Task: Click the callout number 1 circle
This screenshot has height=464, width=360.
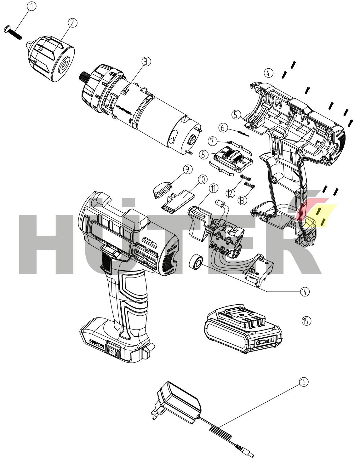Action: pos(32,6)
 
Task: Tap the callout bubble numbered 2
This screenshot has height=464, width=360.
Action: pos(72,23)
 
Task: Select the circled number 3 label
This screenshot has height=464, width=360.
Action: pos(146,62)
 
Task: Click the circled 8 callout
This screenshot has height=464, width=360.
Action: pos(204,154)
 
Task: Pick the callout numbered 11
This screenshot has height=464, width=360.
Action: pos(214,189)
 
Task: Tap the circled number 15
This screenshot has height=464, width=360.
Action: pos(306,321)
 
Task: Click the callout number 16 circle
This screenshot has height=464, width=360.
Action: pos(304,382)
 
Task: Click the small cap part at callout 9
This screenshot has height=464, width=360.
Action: pos(162,188)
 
